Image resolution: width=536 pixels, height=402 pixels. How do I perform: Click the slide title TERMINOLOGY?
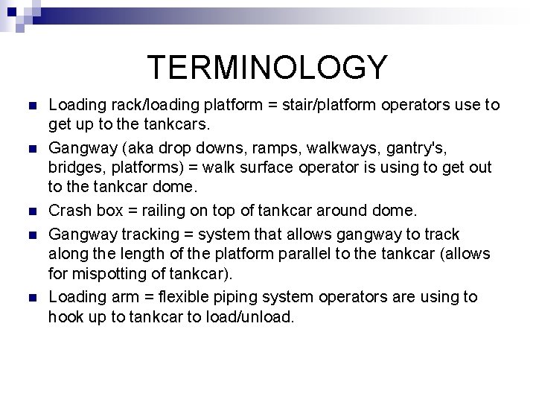point(267,66)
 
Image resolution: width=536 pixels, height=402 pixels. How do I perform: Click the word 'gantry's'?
point(410,147)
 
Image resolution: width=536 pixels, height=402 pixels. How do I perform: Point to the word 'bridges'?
point(75,167)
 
